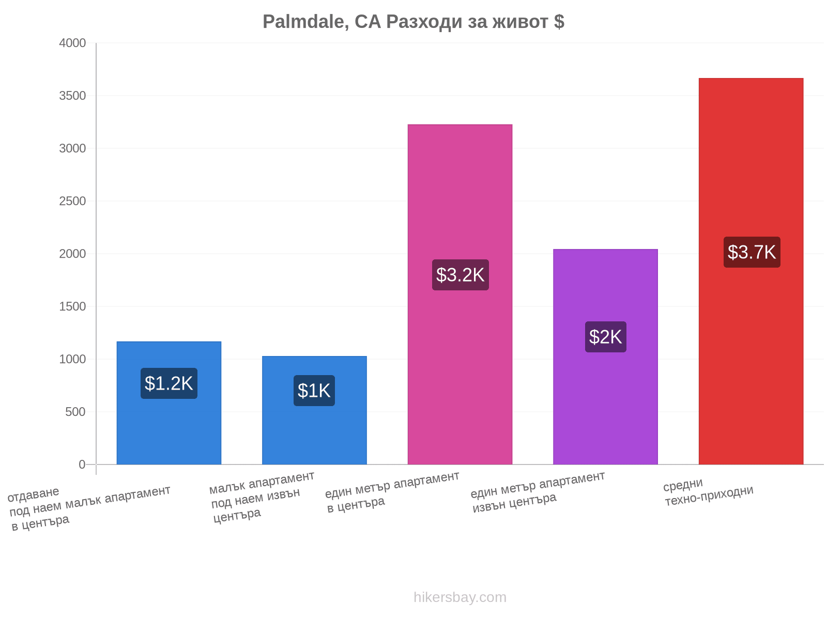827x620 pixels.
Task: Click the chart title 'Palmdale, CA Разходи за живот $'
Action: click(x=413, y=22)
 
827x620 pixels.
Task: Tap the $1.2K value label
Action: click(x=169, y=383)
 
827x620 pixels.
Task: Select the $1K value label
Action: click(x=314, y=391)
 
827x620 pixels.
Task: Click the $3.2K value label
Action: click(x=460, y=275)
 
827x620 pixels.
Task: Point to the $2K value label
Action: click(x=605, y=337)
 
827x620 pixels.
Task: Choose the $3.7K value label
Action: click(x=752, y=252)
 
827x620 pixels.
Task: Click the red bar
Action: click(x=751, y=271)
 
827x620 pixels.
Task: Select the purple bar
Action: click(x=605, y=357)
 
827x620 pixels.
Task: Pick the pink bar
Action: click(x=460, y=295)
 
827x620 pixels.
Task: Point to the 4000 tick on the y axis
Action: click(x=72, y=43)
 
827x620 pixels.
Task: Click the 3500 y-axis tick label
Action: click(x=72, y=96)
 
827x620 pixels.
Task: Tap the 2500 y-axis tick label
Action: click(x=72, y=201)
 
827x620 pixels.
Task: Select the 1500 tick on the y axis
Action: click(x=72, y=306)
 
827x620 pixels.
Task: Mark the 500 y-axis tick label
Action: click(x=75, y=412)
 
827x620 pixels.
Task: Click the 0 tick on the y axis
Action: click(x=82, y=464)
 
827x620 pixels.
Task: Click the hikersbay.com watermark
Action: click(x=460, y=597)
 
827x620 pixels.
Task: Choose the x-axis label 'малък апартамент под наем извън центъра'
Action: click(x=262, y=498)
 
